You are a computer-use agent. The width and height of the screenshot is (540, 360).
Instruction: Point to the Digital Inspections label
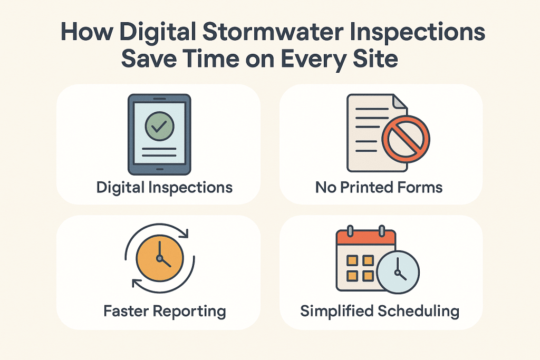[x=164, y=187]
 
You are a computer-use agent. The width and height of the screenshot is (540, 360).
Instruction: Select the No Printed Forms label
[x=379, y=187]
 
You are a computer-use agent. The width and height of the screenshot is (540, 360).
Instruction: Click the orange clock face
[x=160, y=259]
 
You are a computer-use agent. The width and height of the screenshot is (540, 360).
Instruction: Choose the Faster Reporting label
[x=165, y=311]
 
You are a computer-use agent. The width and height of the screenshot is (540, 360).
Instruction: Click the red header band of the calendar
[x=365, y=238]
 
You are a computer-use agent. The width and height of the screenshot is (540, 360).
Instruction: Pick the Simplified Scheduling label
[x=380, y=311]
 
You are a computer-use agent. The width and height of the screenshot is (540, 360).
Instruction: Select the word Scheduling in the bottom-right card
[x=419, y=311]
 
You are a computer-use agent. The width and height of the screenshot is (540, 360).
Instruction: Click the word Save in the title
[x=149, y=57]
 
